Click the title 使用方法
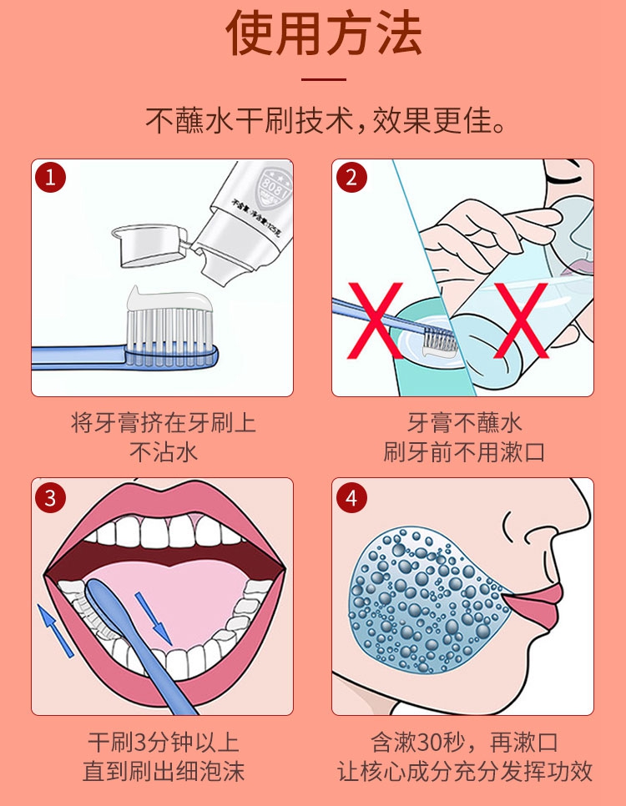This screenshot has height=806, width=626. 324,33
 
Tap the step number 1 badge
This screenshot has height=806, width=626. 50,178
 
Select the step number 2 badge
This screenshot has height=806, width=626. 351,178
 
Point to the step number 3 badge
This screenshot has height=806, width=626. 50,497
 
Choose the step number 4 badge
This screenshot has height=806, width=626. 351,497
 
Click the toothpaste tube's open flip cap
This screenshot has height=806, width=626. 150,245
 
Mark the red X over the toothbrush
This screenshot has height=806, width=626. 376,320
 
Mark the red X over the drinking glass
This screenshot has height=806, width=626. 521,320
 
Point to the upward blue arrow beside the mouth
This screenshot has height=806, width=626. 56,630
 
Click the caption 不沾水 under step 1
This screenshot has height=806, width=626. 164,452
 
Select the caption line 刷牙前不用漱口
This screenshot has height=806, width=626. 463,452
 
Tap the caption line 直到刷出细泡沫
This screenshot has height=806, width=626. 164,772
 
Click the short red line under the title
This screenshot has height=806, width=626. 324,79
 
